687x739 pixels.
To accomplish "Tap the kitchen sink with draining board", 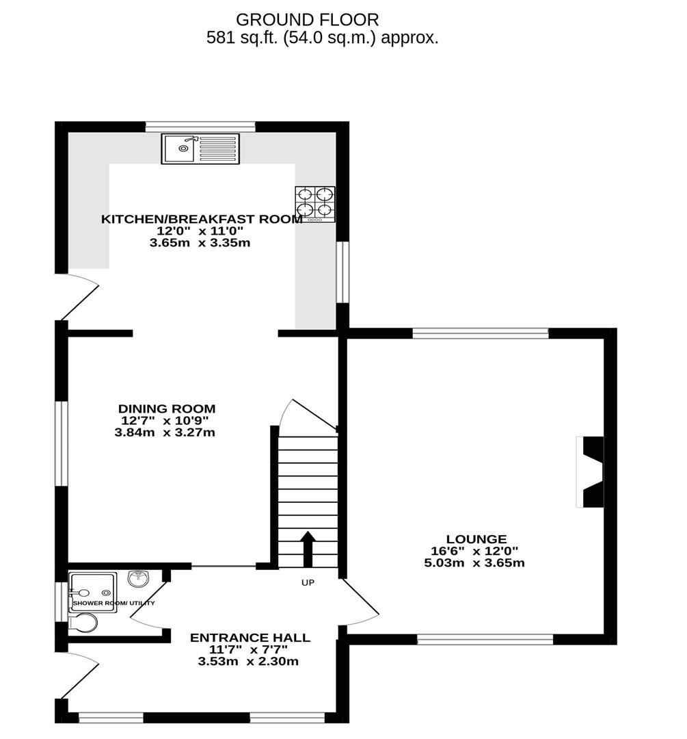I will click(x=200, y=148).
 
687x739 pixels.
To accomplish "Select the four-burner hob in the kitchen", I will click(x=315, y=204).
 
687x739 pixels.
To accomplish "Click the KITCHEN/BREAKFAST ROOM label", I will click(x=202, y=220).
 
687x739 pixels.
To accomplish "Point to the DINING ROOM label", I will click(x=167, y=409).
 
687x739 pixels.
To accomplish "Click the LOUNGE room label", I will click(x=476, y=539).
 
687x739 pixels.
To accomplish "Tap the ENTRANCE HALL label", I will click(x=250, y=638).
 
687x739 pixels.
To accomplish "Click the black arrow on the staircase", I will click(x=307, y=548).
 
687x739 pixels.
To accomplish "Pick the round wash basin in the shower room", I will click(x=139, y=580).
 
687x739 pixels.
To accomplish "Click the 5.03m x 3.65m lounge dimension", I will click(x=474, y=563).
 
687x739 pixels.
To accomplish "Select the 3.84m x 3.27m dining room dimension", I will click(x=167, y=432).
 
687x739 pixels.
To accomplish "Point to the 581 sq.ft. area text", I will click(x=322, y=38).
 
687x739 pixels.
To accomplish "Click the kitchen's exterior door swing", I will click(x=81, y=296).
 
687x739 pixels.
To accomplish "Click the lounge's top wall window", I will click(x=481, y=333).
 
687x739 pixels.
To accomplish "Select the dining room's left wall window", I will click(x=62, y=443).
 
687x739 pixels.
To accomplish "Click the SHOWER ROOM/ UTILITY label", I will click(x=114, y=604).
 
